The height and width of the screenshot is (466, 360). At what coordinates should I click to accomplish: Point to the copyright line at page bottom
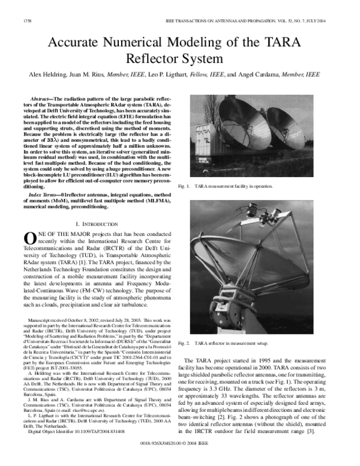pyautogui.click(x=180, y=459)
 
